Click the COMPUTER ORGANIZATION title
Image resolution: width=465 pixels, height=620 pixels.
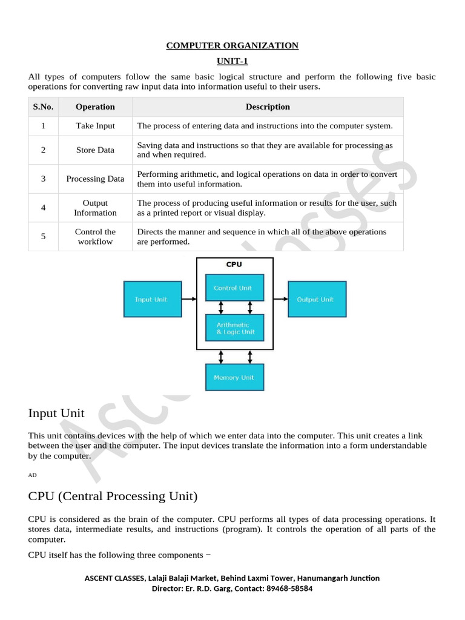(232, 45)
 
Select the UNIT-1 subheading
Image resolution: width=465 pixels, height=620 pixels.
(232, 61)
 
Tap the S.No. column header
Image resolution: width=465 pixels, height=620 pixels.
(43, 107)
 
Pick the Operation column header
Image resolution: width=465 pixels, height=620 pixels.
(95, 107)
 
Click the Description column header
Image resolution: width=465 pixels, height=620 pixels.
(268, 107)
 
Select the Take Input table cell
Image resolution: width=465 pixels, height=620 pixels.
(95, 126)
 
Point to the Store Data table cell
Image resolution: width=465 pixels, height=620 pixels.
(95, 150)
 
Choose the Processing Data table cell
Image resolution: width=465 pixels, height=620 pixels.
(95, 179)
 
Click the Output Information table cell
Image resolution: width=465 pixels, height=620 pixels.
(95, 208)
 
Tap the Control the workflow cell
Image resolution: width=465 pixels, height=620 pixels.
(95, 236)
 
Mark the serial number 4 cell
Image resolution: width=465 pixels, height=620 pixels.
(43, 208)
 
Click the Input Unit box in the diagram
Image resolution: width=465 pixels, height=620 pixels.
(152, 299)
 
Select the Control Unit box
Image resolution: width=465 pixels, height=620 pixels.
(234, 288)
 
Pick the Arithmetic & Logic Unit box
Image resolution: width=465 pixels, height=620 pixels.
(234, 328)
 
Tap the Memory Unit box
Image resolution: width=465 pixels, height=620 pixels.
(234, 377)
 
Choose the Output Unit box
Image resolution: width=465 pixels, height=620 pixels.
(317, 299)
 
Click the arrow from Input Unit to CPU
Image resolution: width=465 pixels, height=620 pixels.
(189, 298)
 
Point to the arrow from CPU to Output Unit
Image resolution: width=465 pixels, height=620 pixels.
(280, 298)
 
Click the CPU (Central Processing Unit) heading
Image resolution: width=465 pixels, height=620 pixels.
(113, 496)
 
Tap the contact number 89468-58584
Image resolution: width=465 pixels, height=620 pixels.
(289, 589)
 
